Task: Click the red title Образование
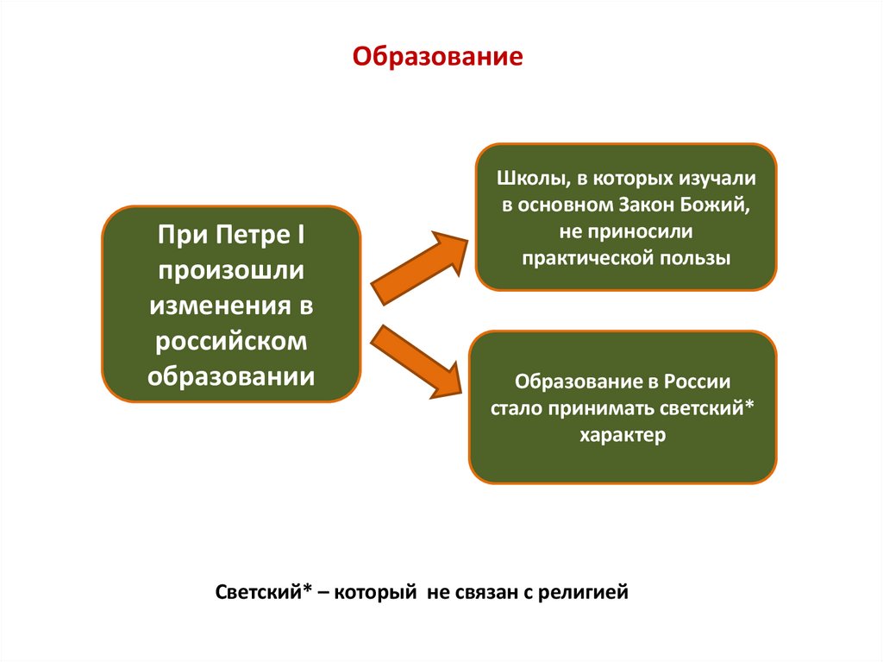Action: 437,58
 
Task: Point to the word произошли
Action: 230,270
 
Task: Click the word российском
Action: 230,341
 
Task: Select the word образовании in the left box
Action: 230,376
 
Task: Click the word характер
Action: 623,434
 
